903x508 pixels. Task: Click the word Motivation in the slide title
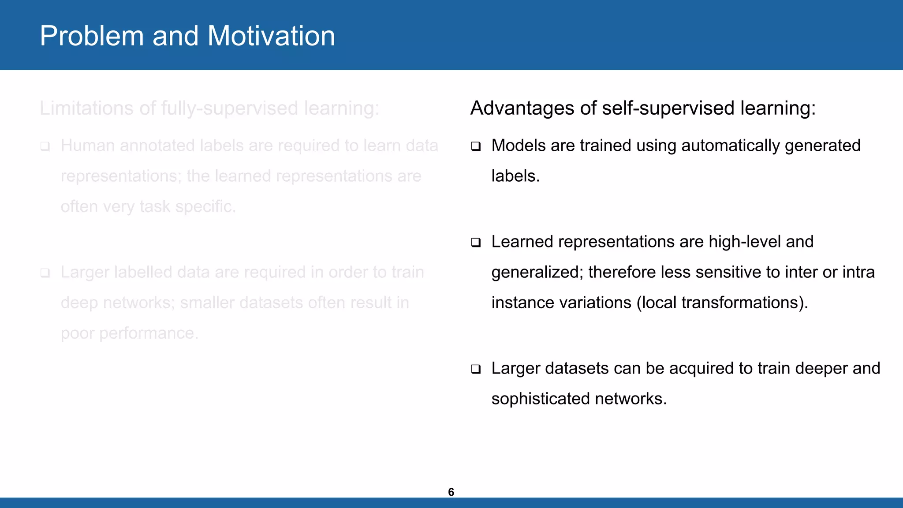pyautogui.click(x=271, y=36)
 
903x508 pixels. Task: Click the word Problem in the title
pyautogui.click(x=92, y=36)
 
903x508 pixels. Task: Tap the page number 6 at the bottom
pyautogui.click(x=451, y=492)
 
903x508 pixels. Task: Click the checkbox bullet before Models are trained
pyautogui.click(x=475, y=146)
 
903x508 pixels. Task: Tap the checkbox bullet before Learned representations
pyautogui.click(x=475, y=242)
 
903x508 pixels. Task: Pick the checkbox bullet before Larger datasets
pyautogui.click(x=475, y=369)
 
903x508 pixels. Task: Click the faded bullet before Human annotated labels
pyautogui.click(x=45, y=146)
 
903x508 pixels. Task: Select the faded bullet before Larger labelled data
pyautogui.click(x=45, y=273)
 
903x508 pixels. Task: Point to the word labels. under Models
pyautogui.click(x=515, y=176)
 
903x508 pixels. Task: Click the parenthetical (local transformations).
pyautogui.click(x=722, y=303)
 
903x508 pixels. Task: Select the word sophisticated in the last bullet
pyautogui.click(x=541, y=399)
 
